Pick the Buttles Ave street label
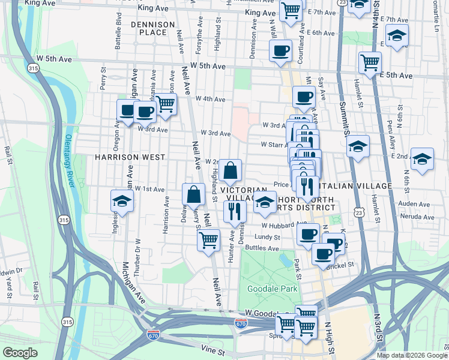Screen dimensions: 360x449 262,248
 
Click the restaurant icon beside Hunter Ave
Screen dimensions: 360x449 234,211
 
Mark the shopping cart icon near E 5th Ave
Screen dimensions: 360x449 370,62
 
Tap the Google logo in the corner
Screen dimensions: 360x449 20,353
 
